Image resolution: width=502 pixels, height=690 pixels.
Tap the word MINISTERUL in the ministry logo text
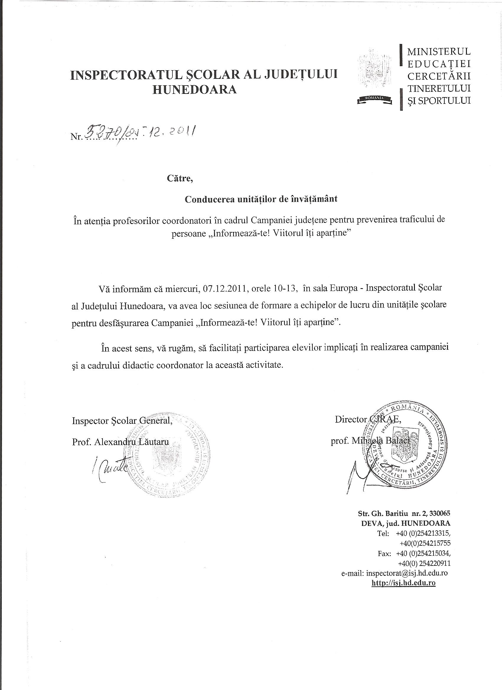coord(439,51)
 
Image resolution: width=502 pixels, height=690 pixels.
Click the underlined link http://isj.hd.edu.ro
coord(404,583)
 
